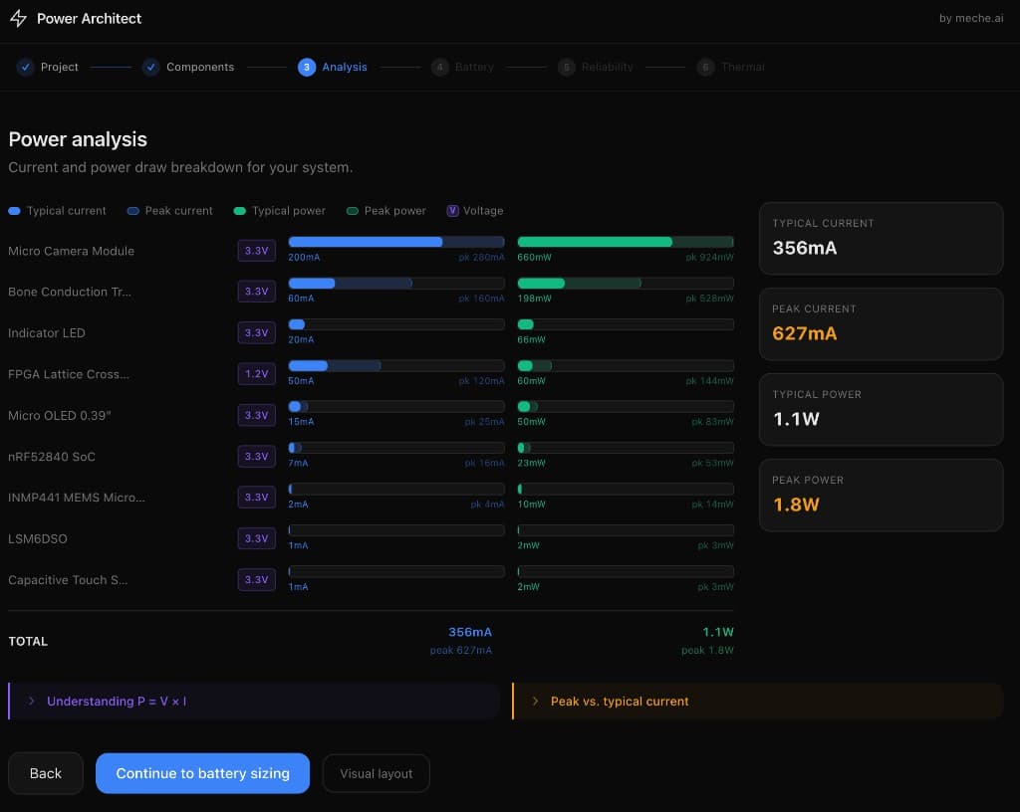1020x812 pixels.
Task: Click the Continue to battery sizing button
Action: (202, 773)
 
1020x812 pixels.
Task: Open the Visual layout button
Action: (376, 773)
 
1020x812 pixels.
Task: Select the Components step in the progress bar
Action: (199, 67)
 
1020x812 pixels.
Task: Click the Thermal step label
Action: (742, 67)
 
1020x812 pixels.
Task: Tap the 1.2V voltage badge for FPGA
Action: (256, 374)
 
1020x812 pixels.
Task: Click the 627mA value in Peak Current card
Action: (805, 333)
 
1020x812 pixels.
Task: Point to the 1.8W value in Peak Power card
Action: (797, 505)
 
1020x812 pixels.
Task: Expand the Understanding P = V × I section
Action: (117, 702)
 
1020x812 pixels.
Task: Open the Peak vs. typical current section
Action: (619, 702)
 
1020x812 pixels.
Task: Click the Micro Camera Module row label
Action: (71, 251)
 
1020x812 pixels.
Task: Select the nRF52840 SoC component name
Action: (52, 457)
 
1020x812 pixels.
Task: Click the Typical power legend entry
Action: (288, 211)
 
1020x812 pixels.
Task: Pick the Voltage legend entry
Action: (482, 211)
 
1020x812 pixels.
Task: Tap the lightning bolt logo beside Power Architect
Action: (18, 18)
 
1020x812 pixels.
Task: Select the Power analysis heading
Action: (78, 139)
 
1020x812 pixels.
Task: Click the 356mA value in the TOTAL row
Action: (469, 632)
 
